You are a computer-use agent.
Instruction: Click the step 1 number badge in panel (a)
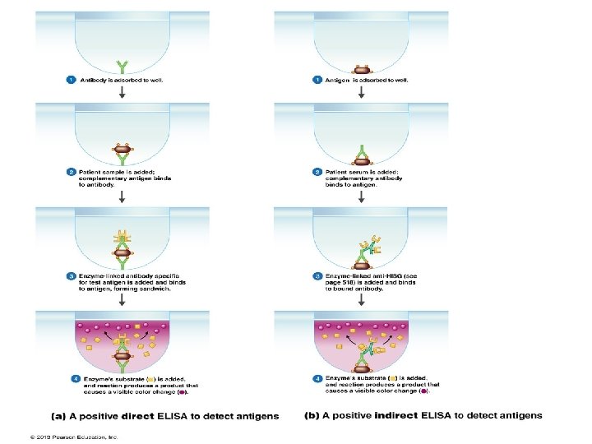[x=72, y=80]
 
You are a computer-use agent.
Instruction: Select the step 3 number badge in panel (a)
[x=72, y=275]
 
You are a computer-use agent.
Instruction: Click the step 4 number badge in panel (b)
[x=317, y=377]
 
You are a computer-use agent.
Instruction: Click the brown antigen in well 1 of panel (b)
[x=360, y=69]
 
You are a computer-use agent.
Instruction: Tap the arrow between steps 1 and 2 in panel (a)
[x=123, y=94]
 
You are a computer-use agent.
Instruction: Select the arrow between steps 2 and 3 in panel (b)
[x=360, y=197]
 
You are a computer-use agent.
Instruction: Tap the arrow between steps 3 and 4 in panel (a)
[x=123, y=301]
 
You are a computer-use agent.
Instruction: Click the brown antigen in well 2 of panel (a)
[x=123, y=150]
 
